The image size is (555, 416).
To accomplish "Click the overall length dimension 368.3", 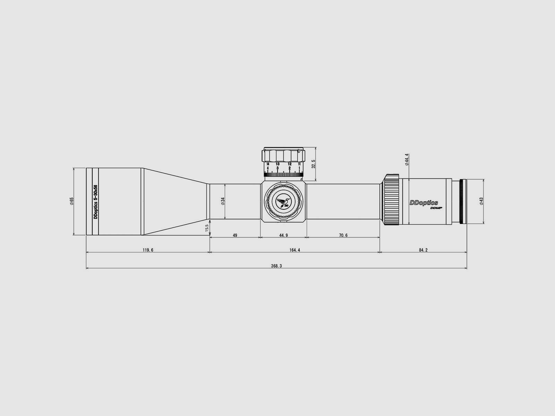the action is pos(276,266).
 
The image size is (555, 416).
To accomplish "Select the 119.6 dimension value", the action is pos(148,250).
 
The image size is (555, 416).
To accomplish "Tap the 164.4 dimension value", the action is pos(294,250).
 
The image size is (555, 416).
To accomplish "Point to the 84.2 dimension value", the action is pos(423,250).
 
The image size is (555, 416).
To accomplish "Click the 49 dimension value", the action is pos(235,235).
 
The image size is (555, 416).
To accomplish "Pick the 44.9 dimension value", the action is pos(283,235).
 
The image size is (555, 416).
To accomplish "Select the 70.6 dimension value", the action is pos(343,235).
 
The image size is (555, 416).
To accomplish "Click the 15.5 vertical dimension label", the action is pos(207,228).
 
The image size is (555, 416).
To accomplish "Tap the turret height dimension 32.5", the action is pos(314,164).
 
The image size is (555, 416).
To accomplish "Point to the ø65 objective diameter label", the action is pos(72,201).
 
